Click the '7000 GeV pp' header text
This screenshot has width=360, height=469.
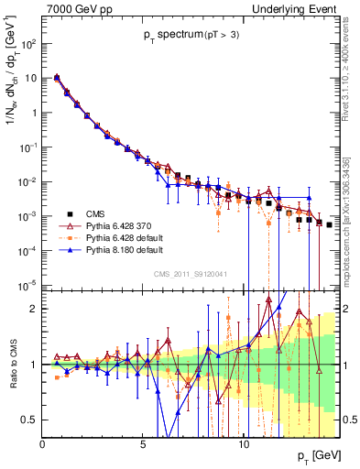tap(73, 9)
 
